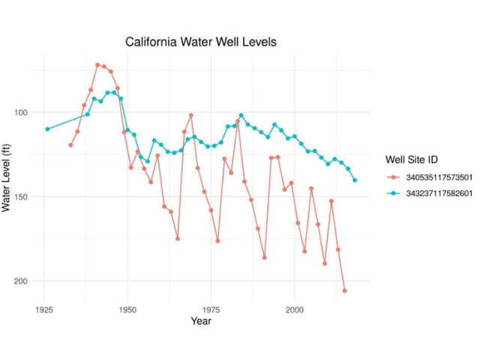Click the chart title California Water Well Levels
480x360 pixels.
tap(200, 42)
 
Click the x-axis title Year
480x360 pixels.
tap(200, 322)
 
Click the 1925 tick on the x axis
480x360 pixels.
tap(43, 308)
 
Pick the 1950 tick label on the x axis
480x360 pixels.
tap(127, 308)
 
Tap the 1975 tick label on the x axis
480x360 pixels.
tap(211, 308)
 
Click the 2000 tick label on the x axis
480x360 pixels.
tap(294, 308)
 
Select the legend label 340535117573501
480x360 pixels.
tap(439, 178)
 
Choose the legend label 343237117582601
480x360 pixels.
tap(439, 193)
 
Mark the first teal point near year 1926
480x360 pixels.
tap(47, 129)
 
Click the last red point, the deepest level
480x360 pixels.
tap(345, 290)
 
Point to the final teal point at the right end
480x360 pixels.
tap(355, 180)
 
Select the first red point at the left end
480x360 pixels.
tap(70, 145)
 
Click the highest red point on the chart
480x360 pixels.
tap(97, 65)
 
